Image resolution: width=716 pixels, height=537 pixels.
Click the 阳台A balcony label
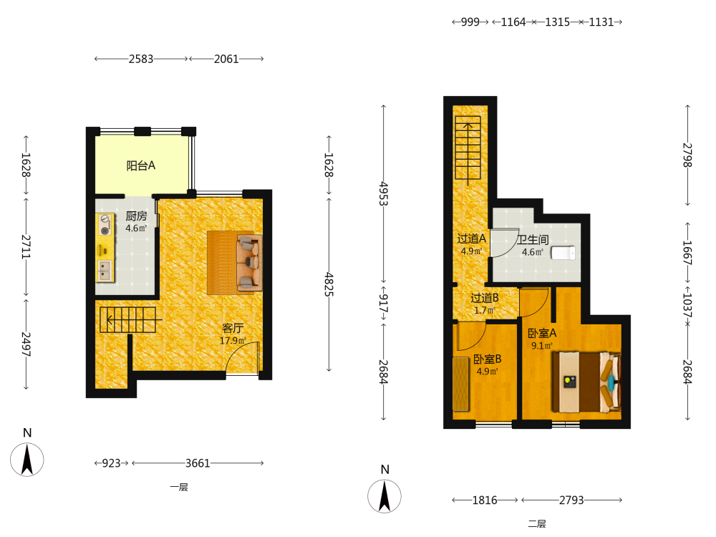tap(140, 165)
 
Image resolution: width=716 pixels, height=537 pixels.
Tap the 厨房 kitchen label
tap(136, 216)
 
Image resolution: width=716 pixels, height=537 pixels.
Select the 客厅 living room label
tap(233, 327)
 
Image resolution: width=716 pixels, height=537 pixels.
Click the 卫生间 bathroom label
tap(533, 239)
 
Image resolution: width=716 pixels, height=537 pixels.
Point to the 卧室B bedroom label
tap(487, 359)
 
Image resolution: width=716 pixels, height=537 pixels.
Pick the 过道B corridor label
tap(485, 298)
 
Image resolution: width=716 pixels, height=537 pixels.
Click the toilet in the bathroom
tap(563, 253)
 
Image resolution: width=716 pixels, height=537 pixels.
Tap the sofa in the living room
tap(249, 263)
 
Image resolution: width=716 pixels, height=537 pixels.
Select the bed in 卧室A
tap(586, 382)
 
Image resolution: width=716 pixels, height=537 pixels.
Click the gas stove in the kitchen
tap(106, 225)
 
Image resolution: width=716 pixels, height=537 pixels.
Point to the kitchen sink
tap(105, 270)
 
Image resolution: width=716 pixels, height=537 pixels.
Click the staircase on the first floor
tap(128, 319)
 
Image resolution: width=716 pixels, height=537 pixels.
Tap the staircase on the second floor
tap(468, 148)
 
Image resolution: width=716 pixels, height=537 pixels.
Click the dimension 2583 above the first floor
tap(140, 59)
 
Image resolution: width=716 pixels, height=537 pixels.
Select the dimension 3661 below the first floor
tap(198, 463)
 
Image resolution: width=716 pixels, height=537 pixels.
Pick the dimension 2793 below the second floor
tap(571, 500)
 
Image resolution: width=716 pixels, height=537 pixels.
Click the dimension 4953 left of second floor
tap(384, 193)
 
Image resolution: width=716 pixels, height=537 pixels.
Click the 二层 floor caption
tap(537, 524)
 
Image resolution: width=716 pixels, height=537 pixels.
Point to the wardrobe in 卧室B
tap(461, 384)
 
